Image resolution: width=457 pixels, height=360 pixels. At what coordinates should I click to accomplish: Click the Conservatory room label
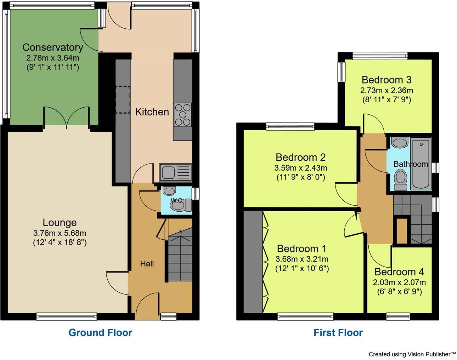pyautogui.click(x=53, y=47)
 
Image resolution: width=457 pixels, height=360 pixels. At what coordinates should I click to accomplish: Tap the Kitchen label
pyautogui.click(x=152, y=112)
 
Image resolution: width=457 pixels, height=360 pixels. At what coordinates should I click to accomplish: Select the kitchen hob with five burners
pyautogui.click(x=183, y=115)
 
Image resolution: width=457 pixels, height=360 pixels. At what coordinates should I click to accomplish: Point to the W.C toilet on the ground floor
pyautogui.click(x=181, y=205)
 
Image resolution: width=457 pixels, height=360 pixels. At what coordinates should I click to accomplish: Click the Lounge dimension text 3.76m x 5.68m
pyautogui.click(x=60, y=233)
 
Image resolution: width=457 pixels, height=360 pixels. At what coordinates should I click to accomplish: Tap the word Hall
pyautogui.click(x=147, y=264)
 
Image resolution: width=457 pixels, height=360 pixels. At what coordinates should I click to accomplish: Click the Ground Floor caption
pyautogui.click(x=100, y=333)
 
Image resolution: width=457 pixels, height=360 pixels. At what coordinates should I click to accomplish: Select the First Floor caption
pyautogui.click(x=338, y=333)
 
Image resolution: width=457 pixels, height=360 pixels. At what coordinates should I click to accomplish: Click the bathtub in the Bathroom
pyautogui.click(x=421, y=164)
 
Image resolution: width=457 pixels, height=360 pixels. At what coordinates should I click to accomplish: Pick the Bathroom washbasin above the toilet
pyautogui.click(x=400, y=142)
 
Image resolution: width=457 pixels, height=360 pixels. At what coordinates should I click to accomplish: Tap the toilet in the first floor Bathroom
pyautogui.click(x=401, y=179)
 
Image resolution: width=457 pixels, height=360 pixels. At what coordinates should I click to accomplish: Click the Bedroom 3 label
pyautogui.click(x=387, y=80)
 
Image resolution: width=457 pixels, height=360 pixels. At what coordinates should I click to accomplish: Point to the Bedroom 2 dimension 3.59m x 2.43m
pyautogui.click(x=301, y=168)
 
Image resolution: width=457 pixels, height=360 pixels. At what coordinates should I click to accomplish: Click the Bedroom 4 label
pyautogui.click(x=399, y=272)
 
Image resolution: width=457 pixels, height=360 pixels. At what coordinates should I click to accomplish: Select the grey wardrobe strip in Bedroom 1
pyautogui.click(x=253, y=262)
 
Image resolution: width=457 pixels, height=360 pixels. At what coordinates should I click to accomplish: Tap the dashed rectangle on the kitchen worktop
pyautogui.click(x=123, y=99)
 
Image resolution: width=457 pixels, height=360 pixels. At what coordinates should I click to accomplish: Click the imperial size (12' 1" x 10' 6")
pyautogui.click(x=302, y=269)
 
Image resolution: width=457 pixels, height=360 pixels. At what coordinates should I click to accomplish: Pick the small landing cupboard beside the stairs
pyautogui.click(x=402, y=231)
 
